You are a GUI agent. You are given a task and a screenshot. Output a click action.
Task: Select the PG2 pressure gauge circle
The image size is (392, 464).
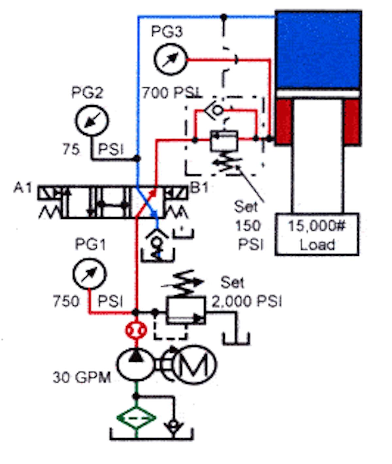pos(92,120)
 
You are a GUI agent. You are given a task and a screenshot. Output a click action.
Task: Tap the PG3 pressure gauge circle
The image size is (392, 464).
pos(170,59)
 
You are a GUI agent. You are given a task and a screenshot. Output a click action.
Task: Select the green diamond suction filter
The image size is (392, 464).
pos(136,417)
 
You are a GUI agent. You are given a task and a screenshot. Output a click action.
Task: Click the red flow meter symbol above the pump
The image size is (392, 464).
pos(136,330)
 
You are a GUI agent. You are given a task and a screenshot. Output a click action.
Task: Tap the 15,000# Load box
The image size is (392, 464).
pos(317,234)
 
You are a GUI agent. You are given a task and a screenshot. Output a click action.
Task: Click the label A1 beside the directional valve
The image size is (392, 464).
pos(23,188)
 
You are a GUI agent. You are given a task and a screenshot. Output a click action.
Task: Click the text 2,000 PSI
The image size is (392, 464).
pos(247,301)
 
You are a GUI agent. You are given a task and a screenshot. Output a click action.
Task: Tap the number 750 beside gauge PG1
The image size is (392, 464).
pos(66,301)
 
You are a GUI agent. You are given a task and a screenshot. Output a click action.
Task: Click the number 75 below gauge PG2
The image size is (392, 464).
pos(71,149)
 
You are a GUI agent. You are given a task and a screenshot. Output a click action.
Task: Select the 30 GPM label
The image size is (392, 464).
pos(82,377)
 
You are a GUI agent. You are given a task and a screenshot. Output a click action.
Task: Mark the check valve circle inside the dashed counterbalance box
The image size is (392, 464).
pos(217,110)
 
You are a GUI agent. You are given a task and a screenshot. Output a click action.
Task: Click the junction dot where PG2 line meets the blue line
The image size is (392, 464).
pos(138,158)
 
